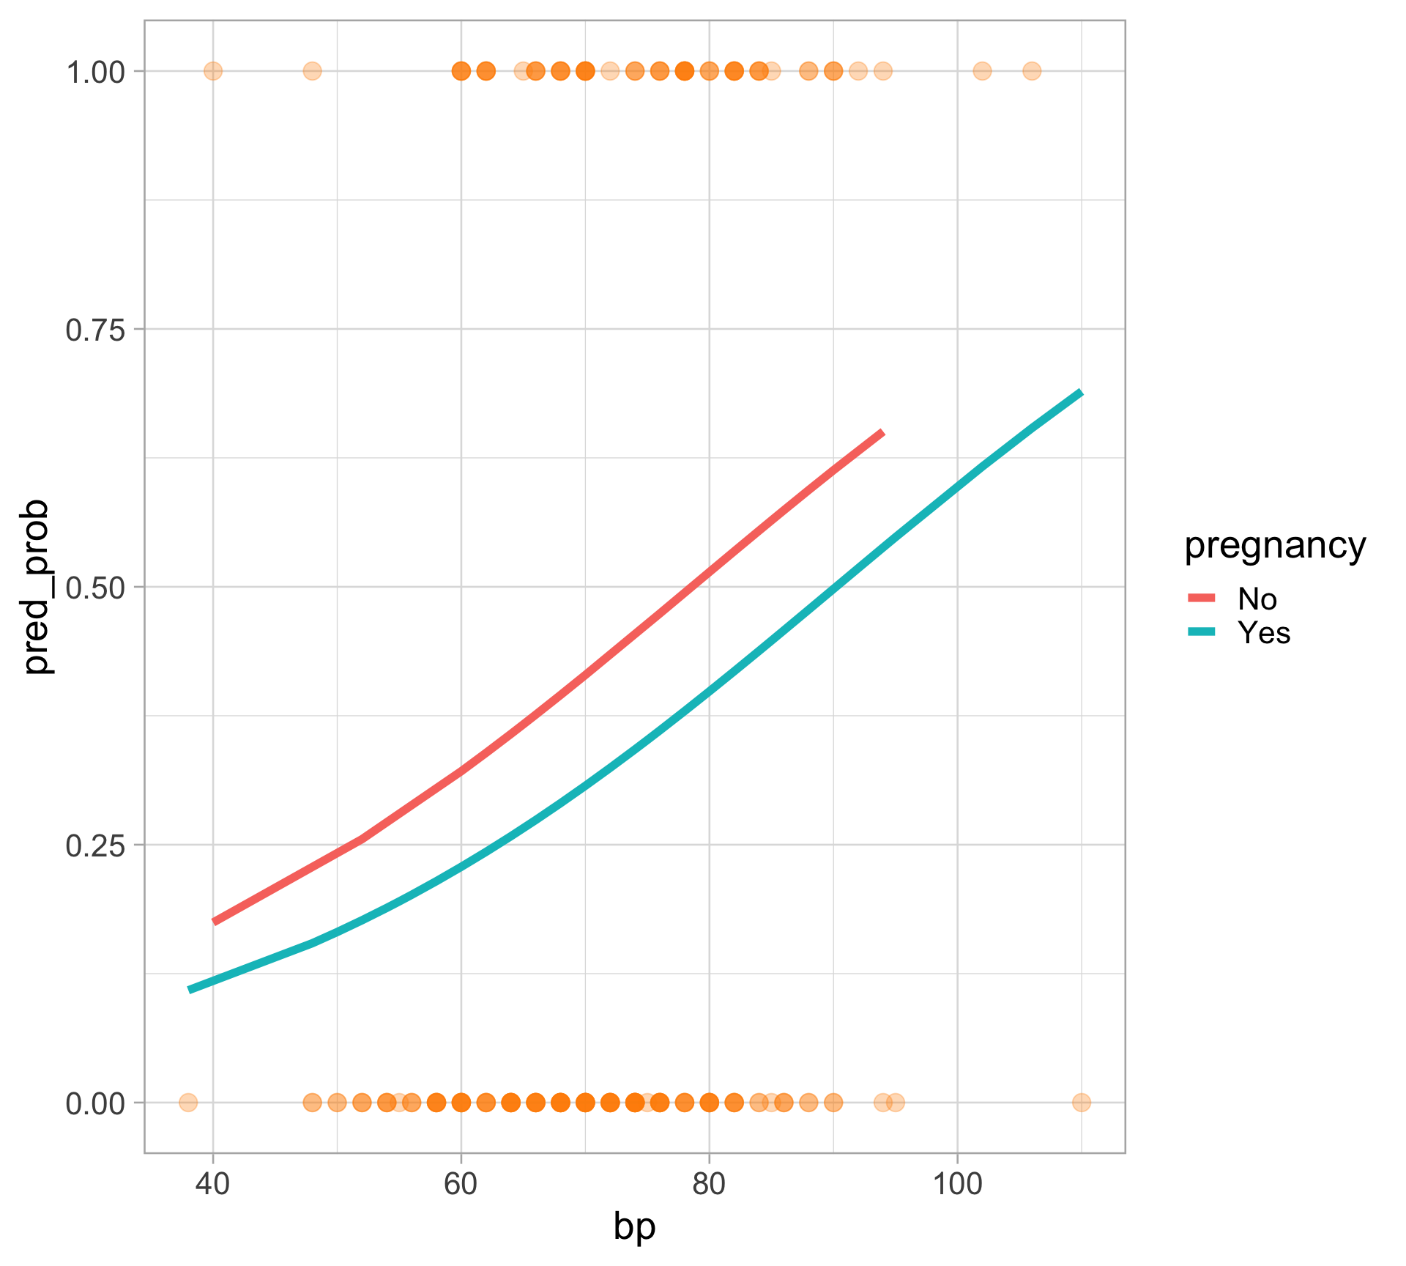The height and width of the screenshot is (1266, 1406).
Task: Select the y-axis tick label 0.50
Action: pyautogui.click(x=97, y=588)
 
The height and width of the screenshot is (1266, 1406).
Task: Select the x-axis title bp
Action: pyautogui.click(x=634, y=1227)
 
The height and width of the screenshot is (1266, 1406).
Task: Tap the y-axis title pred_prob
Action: pyautogui.click(x=37, y=587)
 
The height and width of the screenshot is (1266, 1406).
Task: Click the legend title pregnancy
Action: pyautogui.click(x=1275, y=546)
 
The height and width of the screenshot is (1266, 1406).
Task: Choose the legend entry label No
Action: pyautogui.click(x=1257, y=599)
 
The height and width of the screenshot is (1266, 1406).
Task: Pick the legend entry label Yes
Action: pyautogui.click(x=1263, y=633)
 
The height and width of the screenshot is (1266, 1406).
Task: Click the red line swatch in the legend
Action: pyautogui.click(x=1201, y=599)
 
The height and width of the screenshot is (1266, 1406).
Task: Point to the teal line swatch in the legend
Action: pyautogui.click(x=1201, y=632)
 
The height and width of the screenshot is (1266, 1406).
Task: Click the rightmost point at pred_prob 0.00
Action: pyautogui.click(x=1081, y=1103)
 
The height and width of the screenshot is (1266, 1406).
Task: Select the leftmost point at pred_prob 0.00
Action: pyautogui.click(x=188, y=1103)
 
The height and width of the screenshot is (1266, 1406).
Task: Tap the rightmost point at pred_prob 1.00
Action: pyautogui.click(x=1031, y=71)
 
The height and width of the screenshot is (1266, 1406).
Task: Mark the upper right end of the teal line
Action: pyautogui.click(x=1081, y=393)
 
